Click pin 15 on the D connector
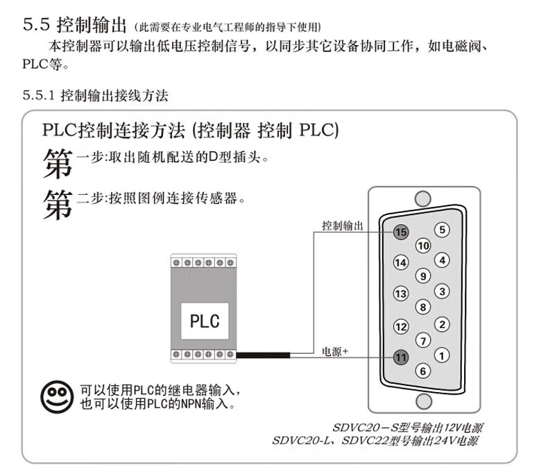coord(401,232)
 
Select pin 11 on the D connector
coord(401,357)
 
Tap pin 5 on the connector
coord(442,230)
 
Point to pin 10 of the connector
coord(423,246)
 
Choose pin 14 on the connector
coord(401,263)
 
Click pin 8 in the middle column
coord(422,307)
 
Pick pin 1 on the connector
coord(442,355)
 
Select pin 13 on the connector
coord(401,294)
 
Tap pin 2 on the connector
coord(442,324)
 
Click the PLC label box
coord(205,321)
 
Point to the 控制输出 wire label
coord(343,226)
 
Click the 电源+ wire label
coord(335,352)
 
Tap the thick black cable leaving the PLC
coord(263,357)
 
